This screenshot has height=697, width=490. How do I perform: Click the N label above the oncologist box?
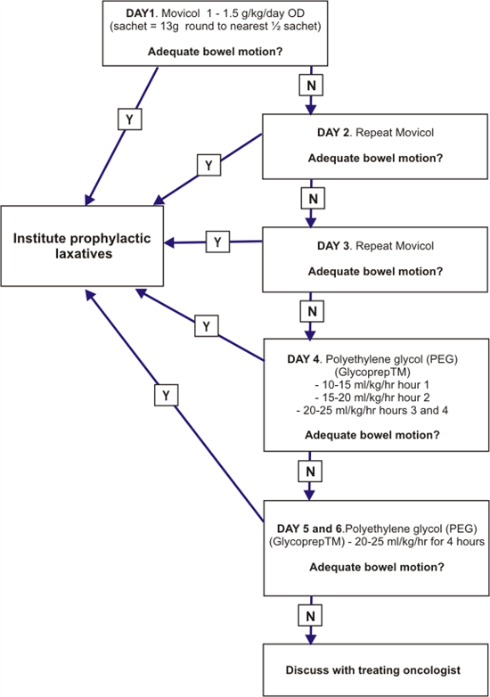pyautogui.click(x=310, y=590)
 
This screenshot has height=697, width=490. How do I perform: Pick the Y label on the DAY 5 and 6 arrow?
pyautogui.click(x=164, y=392)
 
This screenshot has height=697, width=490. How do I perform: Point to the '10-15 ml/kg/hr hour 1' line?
pyautogui.click(x=374, y=381)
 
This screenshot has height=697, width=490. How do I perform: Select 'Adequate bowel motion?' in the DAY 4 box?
pyautogui.click(x=374, y=436)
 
